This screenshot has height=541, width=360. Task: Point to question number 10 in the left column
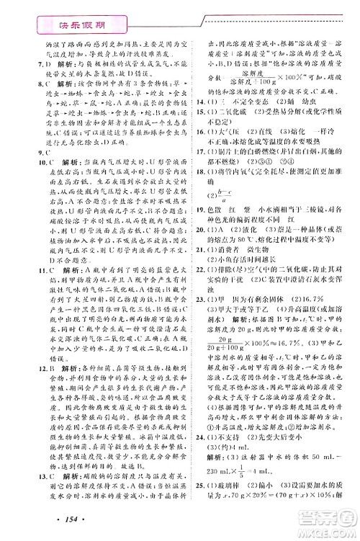coord(22,174)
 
